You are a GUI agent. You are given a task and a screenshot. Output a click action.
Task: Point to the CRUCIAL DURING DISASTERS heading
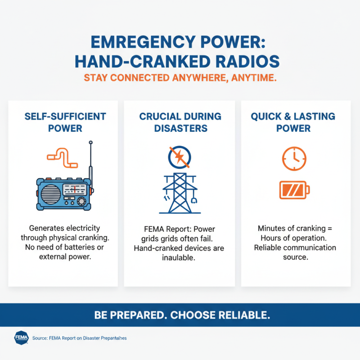[x=180, y=122]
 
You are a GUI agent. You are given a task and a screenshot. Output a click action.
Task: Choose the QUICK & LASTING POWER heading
[x=293, y=122]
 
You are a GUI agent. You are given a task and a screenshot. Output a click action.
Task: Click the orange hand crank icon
[x=62, y=156]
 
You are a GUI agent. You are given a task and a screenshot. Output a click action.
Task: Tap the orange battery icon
[x=293, y=189]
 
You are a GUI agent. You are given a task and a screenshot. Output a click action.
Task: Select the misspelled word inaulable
[x=180, y=258]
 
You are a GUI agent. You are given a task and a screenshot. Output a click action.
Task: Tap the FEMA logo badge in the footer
[x=22, y=337]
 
